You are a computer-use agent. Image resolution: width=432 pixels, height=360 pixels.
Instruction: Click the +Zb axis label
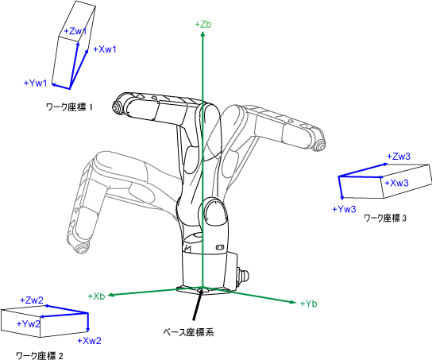click(x=203, y=25)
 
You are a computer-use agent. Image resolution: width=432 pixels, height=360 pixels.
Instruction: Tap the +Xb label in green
click(x=96, y=296)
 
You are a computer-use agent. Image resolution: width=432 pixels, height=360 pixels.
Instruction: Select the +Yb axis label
click(x=308, y=304)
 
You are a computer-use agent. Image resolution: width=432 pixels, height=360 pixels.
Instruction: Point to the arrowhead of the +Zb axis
click(x=202, y=34)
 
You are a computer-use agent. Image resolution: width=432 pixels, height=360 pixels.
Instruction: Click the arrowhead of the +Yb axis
click(x=293, y=303)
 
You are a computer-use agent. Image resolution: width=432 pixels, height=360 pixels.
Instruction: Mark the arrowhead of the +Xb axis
click(x=110, y=295)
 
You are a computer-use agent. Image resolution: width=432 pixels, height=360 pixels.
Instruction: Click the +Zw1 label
click(x=75, y=31)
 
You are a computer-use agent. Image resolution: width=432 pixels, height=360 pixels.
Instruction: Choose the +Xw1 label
click(x=105, y=49)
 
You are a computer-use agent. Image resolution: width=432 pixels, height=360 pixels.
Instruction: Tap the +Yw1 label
click(x=35, y=83)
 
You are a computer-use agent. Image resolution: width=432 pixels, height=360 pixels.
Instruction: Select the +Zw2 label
click(x=32, y=300)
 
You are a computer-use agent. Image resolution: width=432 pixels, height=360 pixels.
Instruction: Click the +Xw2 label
click(x=89, y=341)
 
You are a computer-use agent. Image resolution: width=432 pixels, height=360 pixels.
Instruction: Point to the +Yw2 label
click(x=29, y=323)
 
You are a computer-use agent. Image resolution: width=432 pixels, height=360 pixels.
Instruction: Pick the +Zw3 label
click(x=399, y=157)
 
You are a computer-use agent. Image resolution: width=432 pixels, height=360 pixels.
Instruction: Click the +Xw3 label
click(x=396, y=183)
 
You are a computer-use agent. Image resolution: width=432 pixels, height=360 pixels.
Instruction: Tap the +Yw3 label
click(x=344, y=209)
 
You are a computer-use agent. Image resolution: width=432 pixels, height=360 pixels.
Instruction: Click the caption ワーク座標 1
click(x=69, y=107)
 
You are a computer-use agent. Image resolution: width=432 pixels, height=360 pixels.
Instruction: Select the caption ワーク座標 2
click(x=40, y=355)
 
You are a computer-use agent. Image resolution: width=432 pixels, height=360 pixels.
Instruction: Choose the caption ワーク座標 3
click(x=385, y=219)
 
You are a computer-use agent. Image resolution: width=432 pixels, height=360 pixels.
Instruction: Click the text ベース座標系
click(x=188, y=332)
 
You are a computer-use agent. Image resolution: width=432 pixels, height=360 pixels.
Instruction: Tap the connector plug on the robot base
click(x=243, y=275)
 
